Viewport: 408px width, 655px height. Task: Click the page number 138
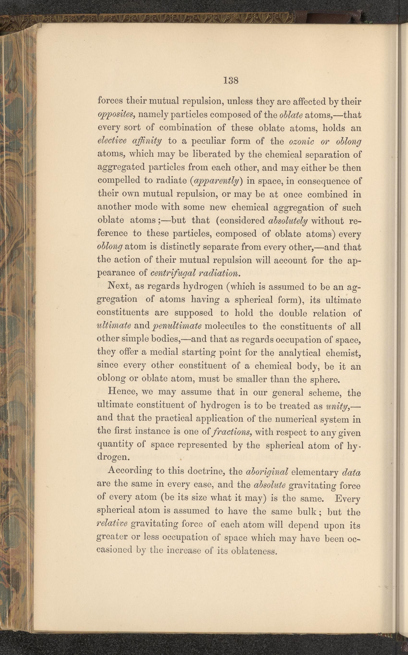click(231, 80)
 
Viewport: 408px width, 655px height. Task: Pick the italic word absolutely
click(288, 221)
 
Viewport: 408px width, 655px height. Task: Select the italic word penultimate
click(175, 326)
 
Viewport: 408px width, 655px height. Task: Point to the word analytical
click(299, 353)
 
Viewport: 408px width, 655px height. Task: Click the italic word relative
click(112, 524)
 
